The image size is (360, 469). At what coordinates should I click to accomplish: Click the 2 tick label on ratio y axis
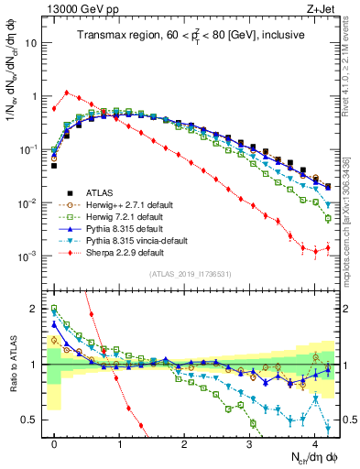(35, 309)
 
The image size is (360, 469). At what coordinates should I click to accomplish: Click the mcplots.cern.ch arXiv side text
(353, 229)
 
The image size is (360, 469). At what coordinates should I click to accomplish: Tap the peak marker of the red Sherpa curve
(66, 92)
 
